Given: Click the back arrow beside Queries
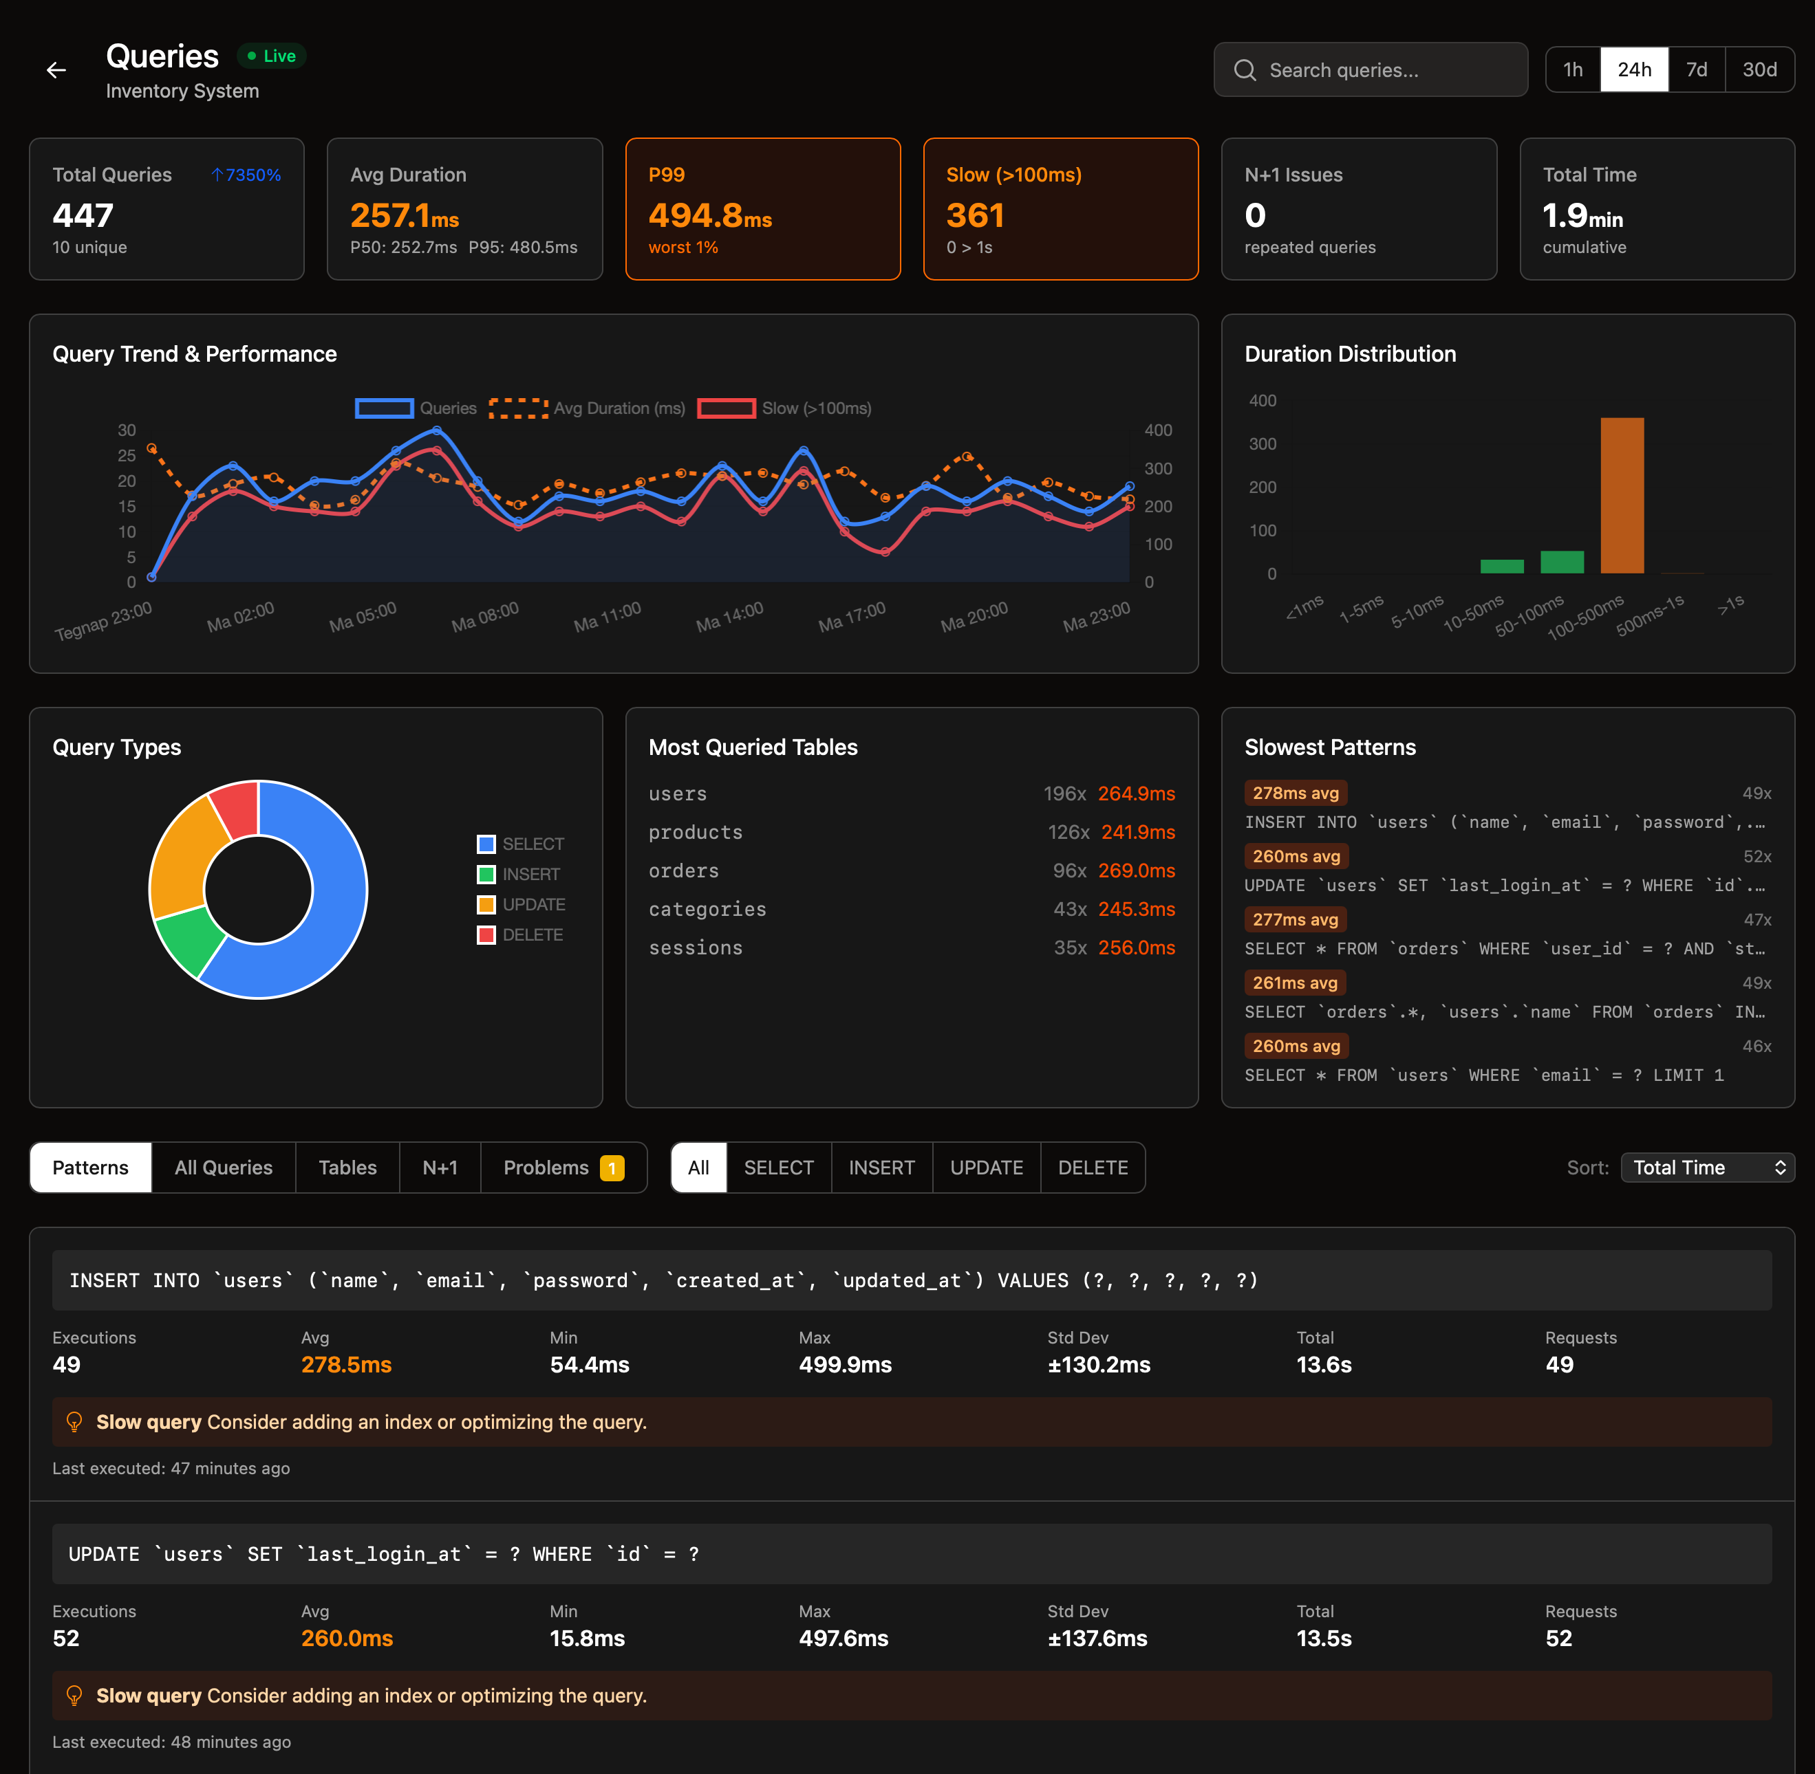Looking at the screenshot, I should (x=56, y=70).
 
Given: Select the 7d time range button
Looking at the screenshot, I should (x=1696, y=70).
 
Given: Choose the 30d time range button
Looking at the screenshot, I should (x=1759, y=70).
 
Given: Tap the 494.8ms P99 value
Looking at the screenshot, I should (x=709, y=216).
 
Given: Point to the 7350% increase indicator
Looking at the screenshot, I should (x=246, y=175).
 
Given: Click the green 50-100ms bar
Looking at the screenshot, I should (x=1561, y=562).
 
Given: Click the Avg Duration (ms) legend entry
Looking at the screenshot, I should (x=588, y=408).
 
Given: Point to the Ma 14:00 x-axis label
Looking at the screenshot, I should (x=729, y=617).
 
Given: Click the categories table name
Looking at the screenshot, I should (x=707, y=910).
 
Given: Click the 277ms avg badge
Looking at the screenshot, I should (x=1294, y=919).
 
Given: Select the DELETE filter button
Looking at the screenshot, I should (x=1092, y=1168).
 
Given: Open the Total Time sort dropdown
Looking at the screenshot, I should (x=1707, y=1168).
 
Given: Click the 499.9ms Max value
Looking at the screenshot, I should (x=845, y=1365).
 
